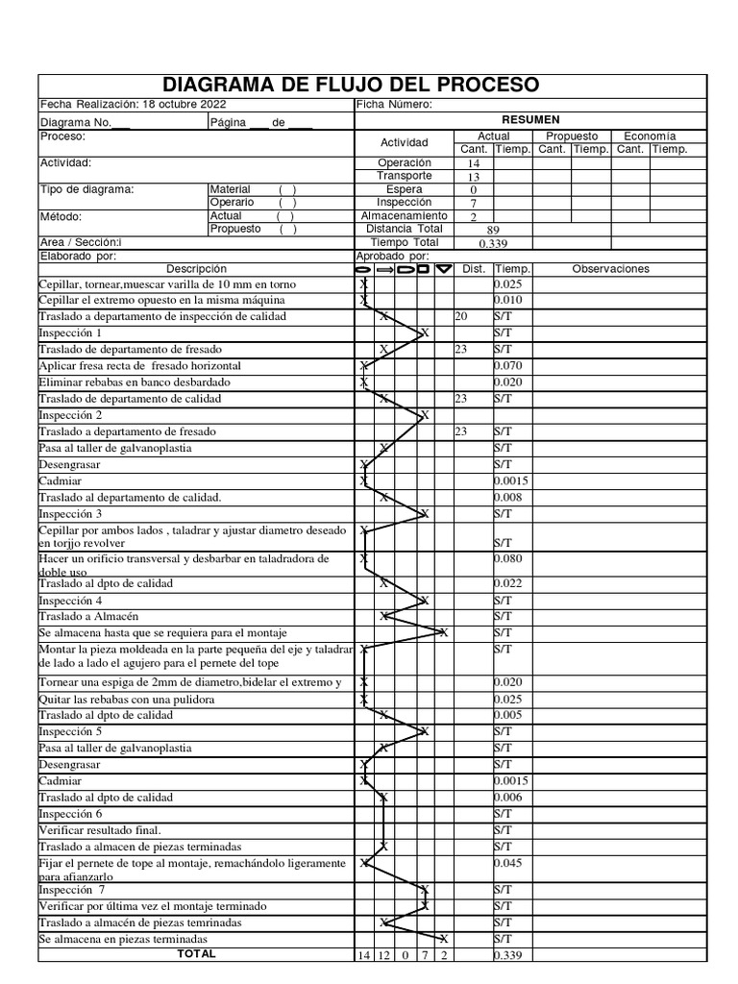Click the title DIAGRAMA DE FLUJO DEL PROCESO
tap(352, 85)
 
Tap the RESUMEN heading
tap(530, 120)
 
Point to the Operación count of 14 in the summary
tap(473, 164)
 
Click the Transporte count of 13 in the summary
tap(473, 177)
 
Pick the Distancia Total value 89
tap(493, 230)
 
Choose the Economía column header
tap(650, 136)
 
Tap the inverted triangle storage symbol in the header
tap(443, 270)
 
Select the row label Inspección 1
tap(70, 332)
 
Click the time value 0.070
tap(509, 366)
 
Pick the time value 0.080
tap(509, 558)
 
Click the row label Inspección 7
tap(72, 890)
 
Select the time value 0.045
tap(509, 863)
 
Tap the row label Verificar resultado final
tap(100, 829)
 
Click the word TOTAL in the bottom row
tap(196, 954)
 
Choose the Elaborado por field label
tap(77, 257)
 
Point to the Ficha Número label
tap(394, 105)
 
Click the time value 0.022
tap(509, 583)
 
